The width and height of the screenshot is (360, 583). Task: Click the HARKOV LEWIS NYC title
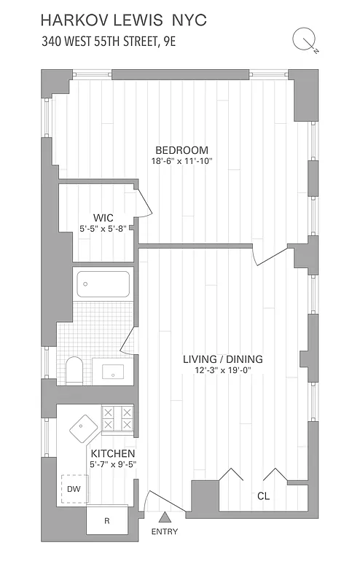[x=124, y=20]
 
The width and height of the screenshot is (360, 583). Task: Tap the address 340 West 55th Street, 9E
[x=109, y=42]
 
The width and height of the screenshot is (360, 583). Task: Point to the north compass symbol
[x=302, y=39]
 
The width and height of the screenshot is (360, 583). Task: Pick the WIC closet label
[x=103, y=216]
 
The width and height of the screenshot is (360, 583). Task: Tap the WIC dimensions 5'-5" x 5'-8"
[x=103, y=228]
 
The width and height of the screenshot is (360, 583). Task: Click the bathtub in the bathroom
[x=103, y=283]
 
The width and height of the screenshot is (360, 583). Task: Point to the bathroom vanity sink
[x=115, y=372]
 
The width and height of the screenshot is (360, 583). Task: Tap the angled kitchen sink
[x=85, y=429]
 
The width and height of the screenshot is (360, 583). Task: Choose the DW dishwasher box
[x=73, y=489]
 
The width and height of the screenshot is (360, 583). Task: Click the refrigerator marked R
[x=106, y=520]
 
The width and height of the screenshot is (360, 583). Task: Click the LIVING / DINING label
[x=222, y=359]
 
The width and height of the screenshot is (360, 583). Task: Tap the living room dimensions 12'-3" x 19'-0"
[x=222, y=372]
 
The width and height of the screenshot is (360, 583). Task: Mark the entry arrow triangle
[x=165, y=517]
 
